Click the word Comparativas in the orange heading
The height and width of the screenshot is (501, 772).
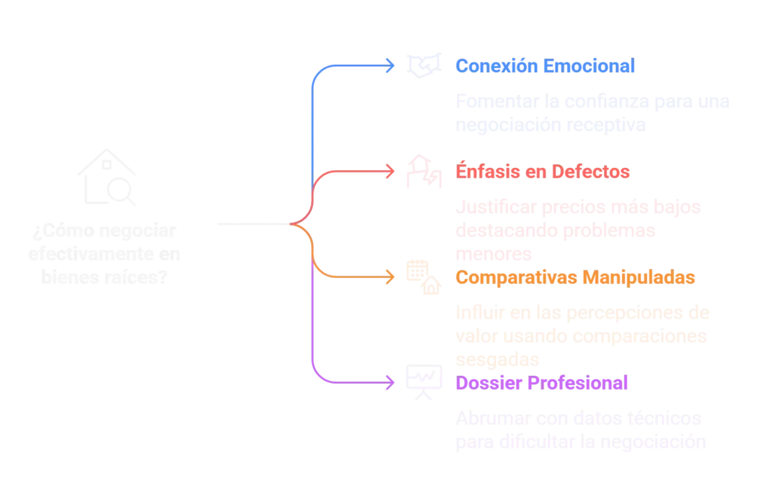[x=517, y=277]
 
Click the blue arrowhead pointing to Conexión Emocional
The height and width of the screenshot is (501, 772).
[x=390, y=66]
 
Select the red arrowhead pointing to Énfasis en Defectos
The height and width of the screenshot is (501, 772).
[x=390, y=171]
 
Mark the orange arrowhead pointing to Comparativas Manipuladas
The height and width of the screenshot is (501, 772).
[x=390, y=276]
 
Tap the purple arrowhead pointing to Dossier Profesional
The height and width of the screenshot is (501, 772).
[x=390, y=382]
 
